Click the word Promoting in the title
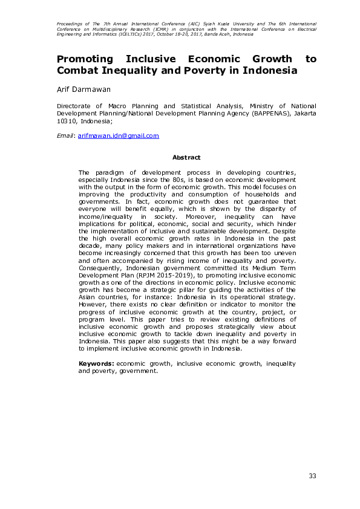click(85, 59)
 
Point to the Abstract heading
click(186, 157)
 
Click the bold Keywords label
click(97, 364)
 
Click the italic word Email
click(65, 136)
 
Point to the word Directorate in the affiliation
click(74, 105)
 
